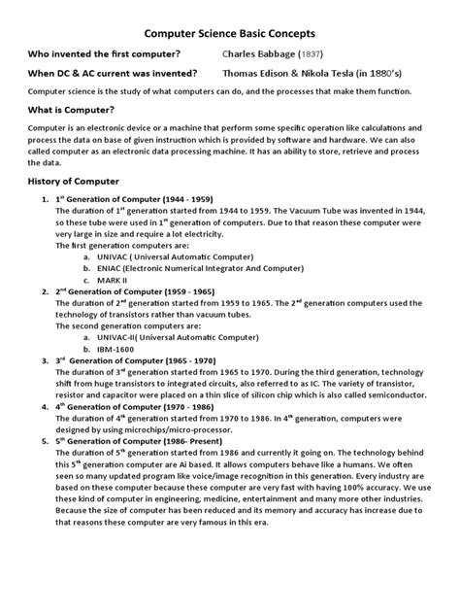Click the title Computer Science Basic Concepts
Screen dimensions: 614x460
click(229, 33)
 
